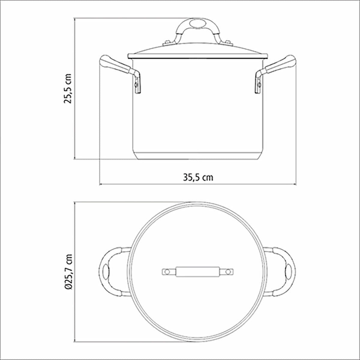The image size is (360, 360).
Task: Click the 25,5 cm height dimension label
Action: tap(67, 88)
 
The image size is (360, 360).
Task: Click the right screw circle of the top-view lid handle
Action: tap(229, 272)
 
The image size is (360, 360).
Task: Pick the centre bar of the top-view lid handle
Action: tap(198, 272)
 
